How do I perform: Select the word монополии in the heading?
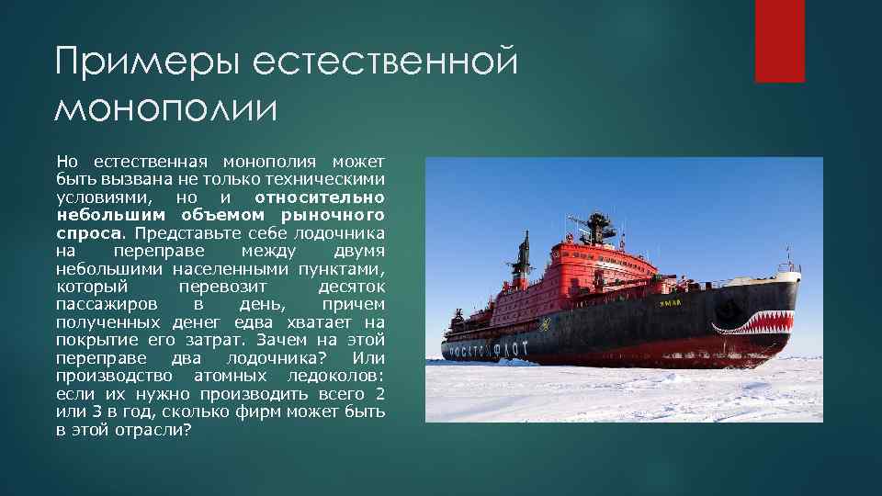tap(165, 108)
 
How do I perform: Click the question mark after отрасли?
tap(187, 429)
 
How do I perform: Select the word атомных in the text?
tap(228, 376)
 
